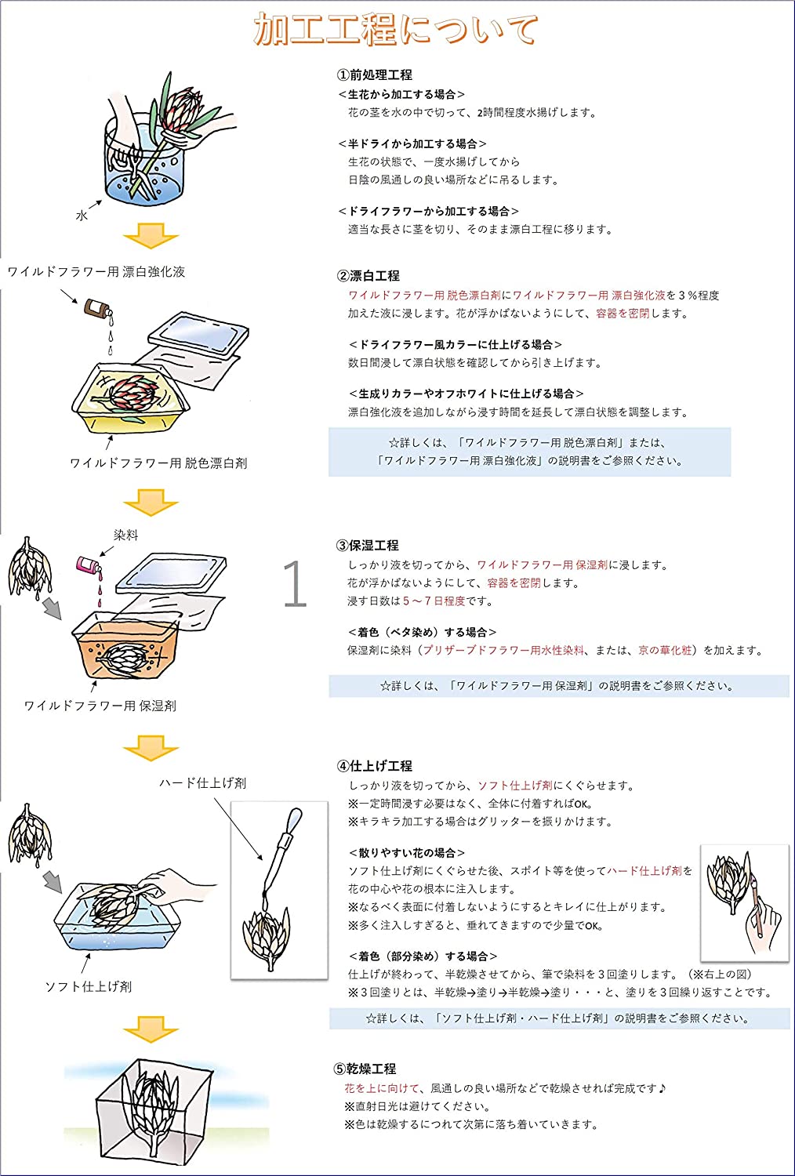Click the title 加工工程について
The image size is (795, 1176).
[396, 31]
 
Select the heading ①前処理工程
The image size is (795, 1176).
[374, 74]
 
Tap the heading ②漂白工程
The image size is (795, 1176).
[368, 275]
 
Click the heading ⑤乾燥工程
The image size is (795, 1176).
[365, 1069]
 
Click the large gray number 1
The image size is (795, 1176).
[294, 584]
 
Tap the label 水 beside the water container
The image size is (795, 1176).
[82, 216]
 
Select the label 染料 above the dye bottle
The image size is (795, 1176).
[125, 535]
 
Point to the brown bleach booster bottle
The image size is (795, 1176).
[98, 308]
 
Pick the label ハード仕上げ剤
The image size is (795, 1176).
[202, 782]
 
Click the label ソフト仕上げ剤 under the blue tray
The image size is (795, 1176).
[88, 986]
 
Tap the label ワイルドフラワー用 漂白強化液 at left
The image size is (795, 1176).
[96, 271]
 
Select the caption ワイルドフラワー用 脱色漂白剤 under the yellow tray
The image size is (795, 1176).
[158, 463]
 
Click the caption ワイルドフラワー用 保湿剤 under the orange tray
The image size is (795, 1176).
[100, 706]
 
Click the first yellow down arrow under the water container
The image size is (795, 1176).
[151, 236]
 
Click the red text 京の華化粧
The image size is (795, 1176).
[665, 650]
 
